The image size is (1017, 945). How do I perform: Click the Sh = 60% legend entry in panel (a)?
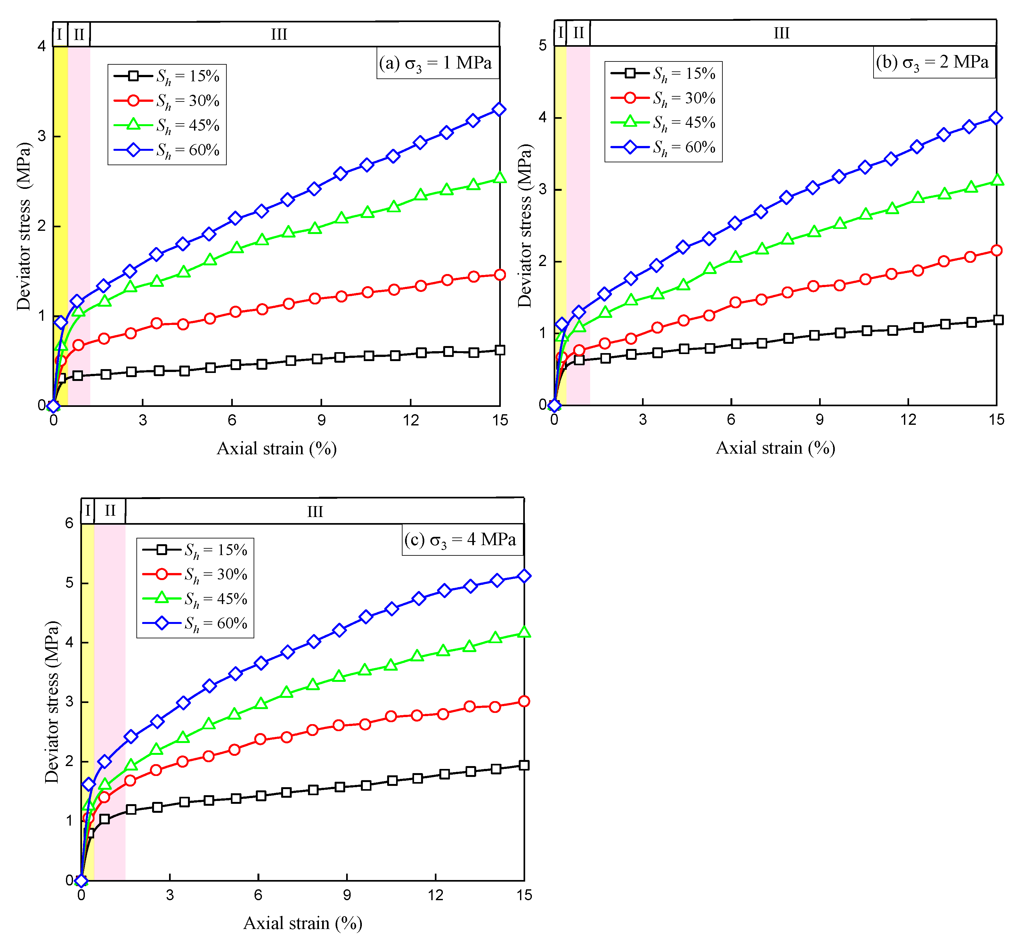pos(167,150)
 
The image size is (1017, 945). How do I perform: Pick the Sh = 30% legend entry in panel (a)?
pos(167,101)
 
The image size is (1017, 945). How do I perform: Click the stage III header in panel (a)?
pos(279,34)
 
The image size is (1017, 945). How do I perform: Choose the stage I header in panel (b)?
pos(561,33)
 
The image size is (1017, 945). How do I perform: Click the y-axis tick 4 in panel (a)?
pos(42,46)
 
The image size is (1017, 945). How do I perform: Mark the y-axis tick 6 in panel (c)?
pos(69,523)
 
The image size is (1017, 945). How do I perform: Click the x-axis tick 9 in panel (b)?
pos(819,419)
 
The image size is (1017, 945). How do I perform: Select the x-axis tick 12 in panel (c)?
pos(435,895)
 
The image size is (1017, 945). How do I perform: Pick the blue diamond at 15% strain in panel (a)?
pos(499,109)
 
